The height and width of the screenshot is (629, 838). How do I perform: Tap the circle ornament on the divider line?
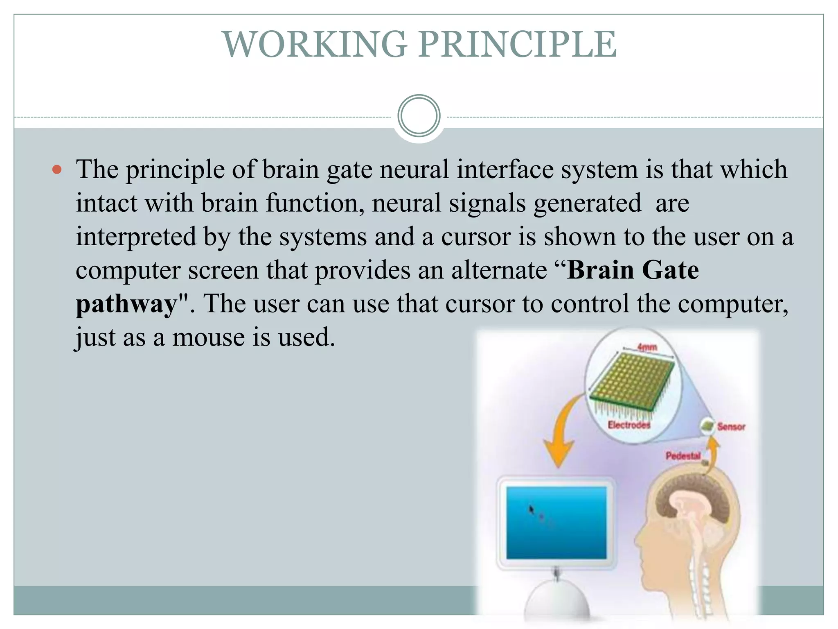pyautogui.click(x=419, y=116)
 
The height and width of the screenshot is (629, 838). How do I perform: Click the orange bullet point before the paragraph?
pyautogui.click(x=57, y=170)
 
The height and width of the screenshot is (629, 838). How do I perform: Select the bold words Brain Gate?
pyautogui.click(x=633, y=270)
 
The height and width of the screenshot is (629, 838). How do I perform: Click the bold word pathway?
pyautogui.click(x=126, y=305)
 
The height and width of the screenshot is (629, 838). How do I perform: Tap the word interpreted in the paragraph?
pyautogui.click(x=136, y=237)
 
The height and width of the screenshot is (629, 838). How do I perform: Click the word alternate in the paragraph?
pyautogui.click(x=499, y=271)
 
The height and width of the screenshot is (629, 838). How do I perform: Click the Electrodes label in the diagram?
pyautogui.click(x=629, y=425)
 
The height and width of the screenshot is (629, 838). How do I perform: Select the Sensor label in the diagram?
pyautogui.click(x=731, y=427)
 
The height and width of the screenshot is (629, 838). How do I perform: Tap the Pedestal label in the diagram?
pyautogui.click(x=683, y=455)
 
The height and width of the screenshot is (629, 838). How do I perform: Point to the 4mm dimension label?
pyautogui.click(x=647, y=347)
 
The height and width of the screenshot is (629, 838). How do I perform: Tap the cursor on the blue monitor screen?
pyautogui.click(x=531, y=509)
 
